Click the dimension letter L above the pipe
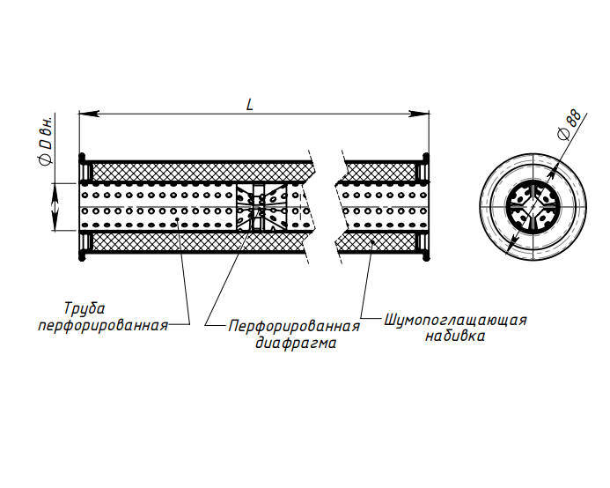point(250,104)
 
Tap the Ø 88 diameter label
point(570,124)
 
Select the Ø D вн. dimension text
point(46,141)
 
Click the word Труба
point(85,308)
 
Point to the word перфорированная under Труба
point(103,325)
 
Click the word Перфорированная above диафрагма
point(294,326)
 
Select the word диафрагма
point(296,343)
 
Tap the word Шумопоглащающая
point(456,321)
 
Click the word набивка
point(455,336)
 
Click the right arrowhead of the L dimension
point(419,114)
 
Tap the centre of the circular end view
point(533,206)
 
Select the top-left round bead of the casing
point(82,157)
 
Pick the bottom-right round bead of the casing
point(426,256)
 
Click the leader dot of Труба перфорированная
point(178,219)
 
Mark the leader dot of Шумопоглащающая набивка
point(372,243)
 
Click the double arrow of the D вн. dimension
point(55,207)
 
